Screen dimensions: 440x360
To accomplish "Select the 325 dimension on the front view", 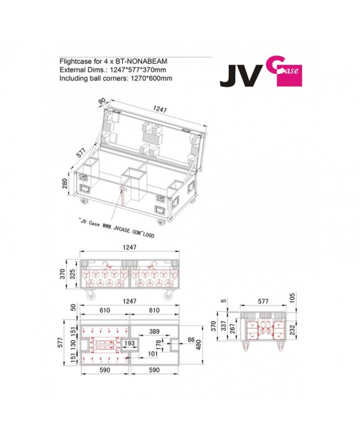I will click(x=74, y=274).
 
